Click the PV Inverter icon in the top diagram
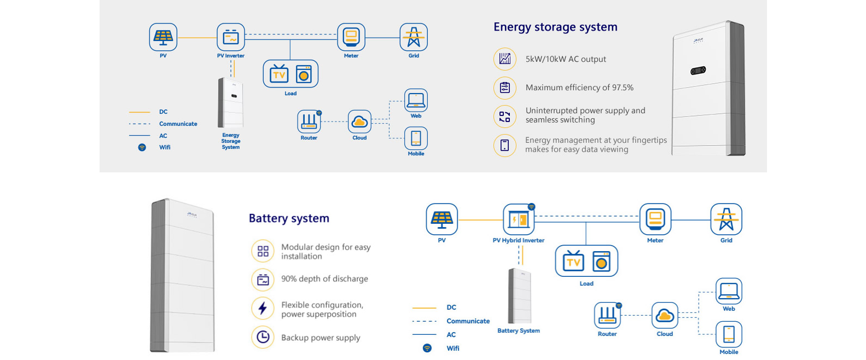pos(231,37)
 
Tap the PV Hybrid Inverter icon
pos(519,219)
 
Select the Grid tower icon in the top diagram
pos(414,37)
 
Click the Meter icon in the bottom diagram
pos(655,219)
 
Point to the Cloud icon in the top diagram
pos(359,121)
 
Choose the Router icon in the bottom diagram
pos(607,315)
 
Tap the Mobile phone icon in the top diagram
pos(416,138)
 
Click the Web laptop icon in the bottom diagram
pos(729,291)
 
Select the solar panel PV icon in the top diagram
pos(163,37)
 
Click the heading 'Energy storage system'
pos(555,27)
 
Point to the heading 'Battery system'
pos(289,218)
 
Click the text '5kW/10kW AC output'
pos(566,59)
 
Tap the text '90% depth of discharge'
pos(324,279)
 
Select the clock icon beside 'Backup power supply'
pos(263,337)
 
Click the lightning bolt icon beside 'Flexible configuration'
pos(263,309)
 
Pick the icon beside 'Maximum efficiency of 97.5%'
pos(504,88)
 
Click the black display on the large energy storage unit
pos(698,70)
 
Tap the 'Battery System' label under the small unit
pos(519,330)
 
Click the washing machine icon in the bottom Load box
pos(601,262)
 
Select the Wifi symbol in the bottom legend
pos(427,348)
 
